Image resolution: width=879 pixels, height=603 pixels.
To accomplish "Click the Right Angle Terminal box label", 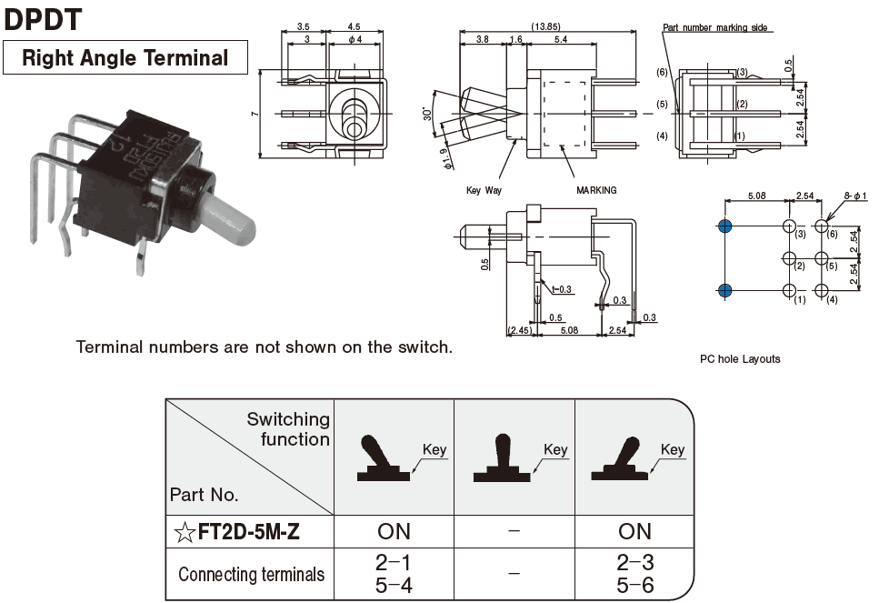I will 125,58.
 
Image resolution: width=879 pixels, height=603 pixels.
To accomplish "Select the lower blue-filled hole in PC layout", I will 724,291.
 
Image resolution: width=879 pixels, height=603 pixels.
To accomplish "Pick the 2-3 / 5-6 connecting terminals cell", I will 634,574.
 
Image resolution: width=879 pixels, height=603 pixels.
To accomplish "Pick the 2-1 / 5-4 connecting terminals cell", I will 394,574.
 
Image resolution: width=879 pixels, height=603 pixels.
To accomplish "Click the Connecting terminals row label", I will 251,574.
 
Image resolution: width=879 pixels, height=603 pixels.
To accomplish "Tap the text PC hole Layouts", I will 739,358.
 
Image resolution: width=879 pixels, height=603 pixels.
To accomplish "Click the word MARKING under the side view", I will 596,190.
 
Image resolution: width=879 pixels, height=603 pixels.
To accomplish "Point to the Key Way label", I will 483,190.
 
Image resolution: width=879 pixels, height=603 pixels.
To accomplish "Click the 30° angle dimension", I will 427,115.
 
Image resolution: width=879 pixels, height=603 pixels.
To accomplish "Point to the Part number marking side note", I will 717,27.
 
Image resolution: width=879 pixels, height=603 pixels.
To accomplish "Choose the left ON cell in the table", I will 394,531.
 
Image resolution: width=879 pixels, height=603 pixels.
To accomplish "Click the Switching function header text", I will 288,429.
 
